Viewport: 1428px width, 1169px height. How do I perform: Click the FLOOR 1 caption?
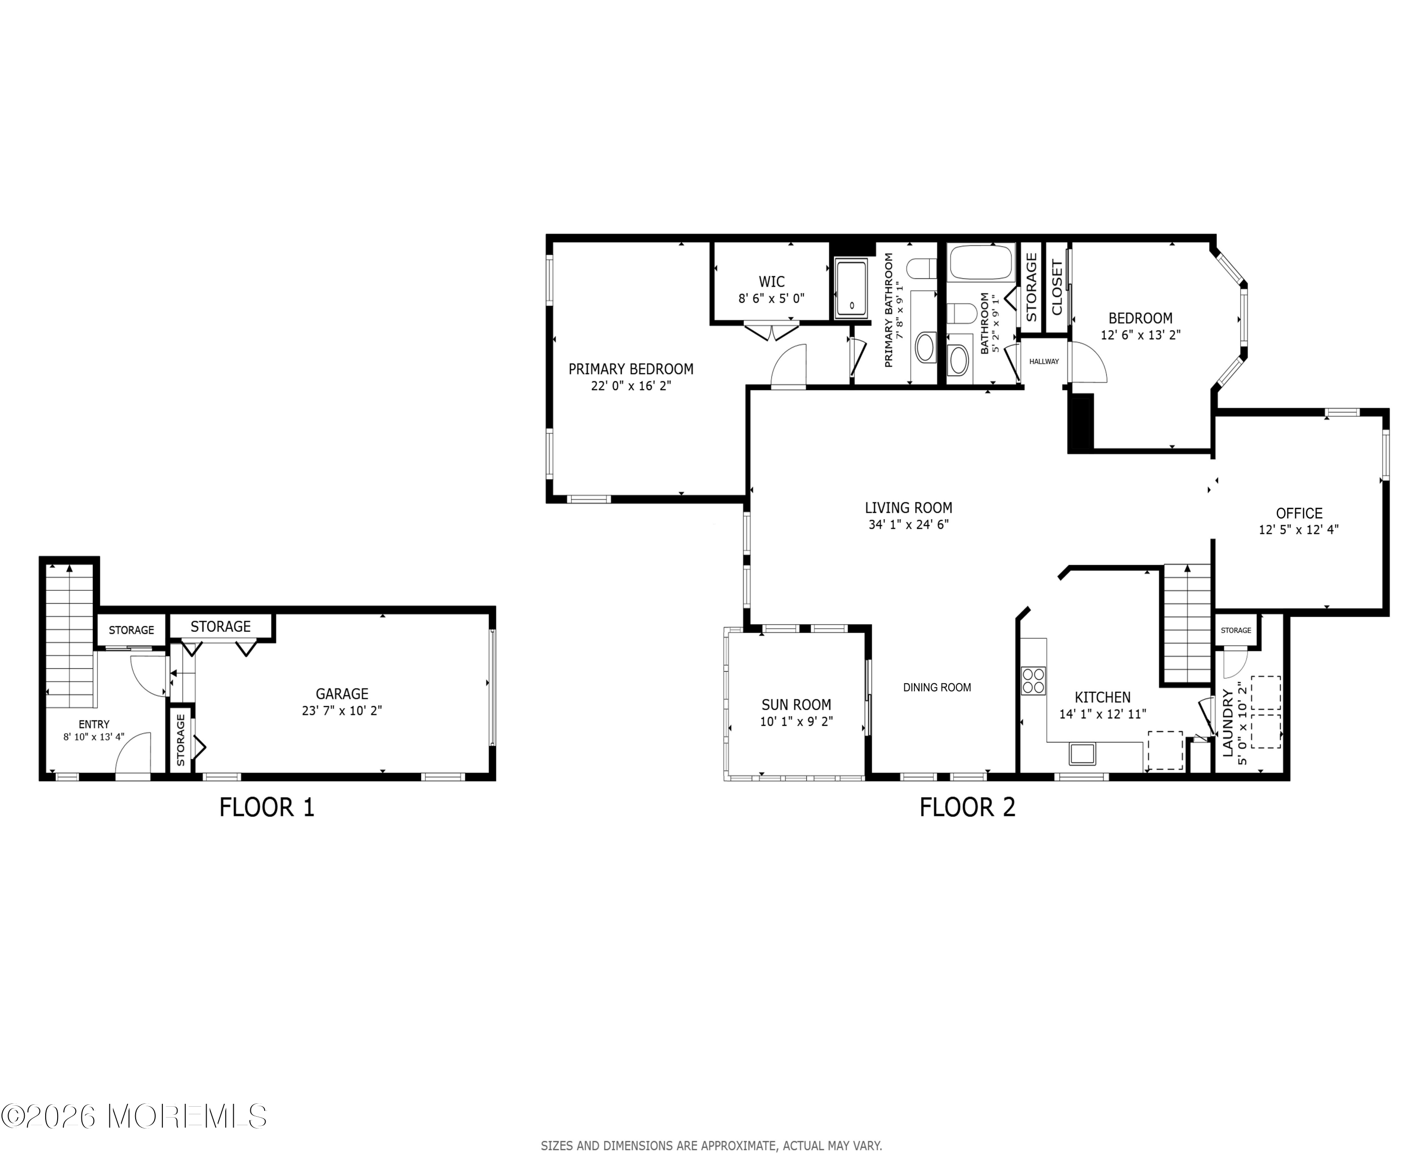tap(267, 807)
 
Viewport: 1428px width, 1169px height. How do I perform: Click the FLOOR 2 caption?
tap(967, 807)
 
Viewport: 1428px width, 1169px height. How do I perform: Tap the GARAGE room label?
tap(342, 694)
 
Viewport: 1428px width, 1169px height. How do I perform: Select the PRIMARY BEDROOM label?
tap(631, 369)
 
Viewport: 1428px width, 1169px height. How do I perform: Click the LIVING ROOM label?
tap(909, 508)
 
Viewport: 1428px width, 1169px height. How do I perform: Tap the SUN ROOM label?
tap(796, 704)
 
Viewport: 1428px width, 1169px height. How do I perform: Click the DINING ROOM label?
tap(937, 687)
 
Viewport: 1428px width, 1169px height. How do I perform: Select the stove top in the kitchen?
tap(1033, 680)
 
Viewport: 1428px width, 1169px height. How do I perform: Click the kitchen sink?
tap(1082, 754)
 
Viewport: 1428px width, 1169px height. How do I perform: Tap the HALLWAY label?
tap(1044, 362)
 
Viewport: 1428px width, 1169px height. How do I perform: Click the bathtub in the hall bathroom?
tap(981, 263)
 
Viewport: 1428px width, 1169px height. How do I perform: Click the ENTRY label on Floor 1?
tap(94, 724)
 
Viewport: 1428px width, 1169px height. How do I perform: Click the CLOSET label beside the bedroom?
tap(1057, 287)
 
